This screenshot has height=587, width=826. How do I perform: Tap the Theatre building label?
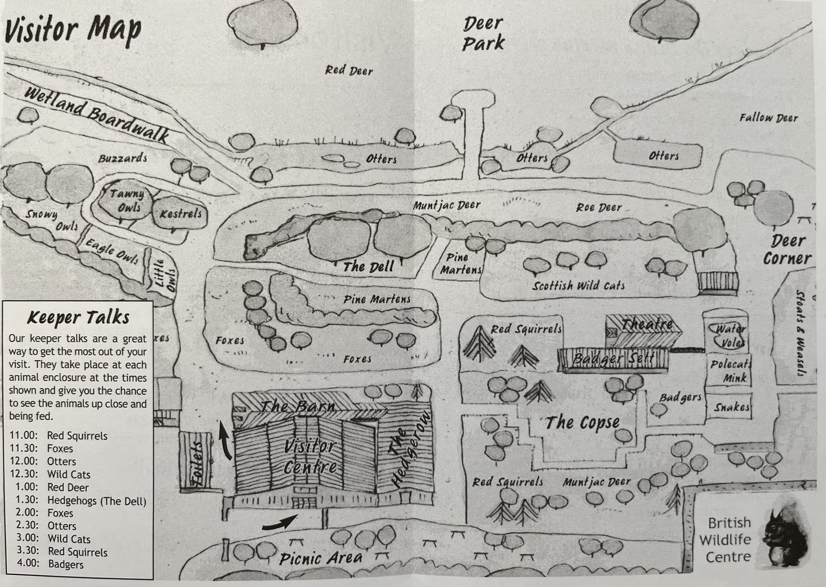click(x=647, y=324)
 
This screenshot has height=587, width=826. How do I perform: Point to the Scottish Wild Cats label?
click(x=578, y=286)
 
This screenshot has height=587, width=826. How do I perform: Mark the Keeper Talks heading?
click(x=78, y=318)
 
